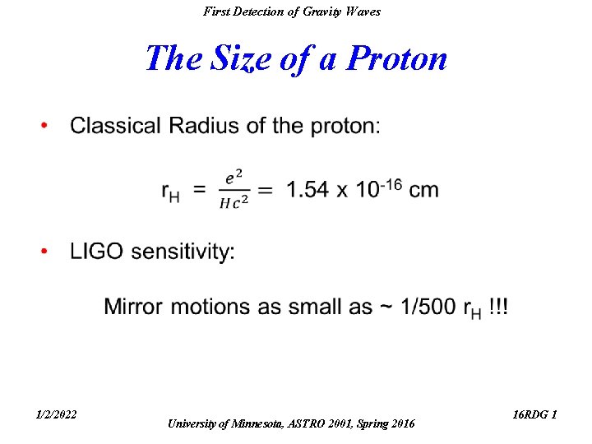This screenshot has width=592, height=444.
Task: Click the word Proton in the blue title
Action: (397, 59)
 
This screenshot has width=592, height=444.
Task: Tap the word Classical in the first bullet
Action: (116, 126)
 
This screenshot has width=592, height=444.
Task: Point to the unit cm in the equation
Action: (423, 190)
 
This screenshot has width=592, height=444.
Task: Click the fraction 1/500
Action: (428, 307)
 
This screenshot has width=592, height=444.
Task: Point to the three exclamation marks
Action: (498, 307)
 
